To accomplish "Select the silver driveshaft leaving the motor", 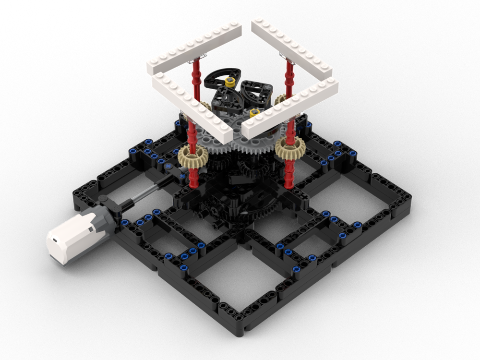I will click(139, 195).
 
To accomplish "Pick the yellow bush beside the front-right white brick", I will click(253, 112).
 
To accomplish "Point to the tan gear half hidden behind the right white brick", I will click(280, 100).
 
